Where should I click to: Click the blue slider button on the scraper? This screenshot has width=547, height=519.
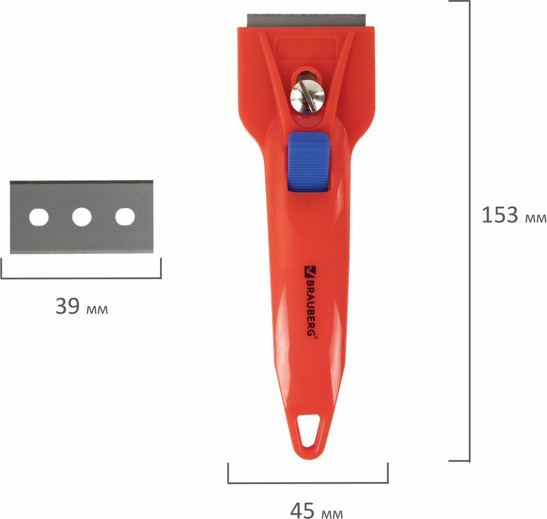308,161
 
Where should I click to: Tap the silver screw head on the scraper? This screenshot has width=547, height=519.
307,96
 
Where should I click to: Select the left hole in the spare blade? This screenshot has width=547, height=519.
39,217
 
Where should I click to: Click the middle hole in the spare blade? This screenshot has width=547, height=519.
81,217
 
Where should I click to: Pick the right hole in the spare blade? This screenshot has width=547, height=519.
125,217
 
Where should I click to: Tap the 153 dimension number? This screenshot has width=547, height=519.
500,214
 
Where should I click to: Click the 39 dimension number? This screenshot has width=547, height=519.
67,306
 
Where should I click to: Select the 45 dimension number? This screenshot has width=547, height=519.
303,511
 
